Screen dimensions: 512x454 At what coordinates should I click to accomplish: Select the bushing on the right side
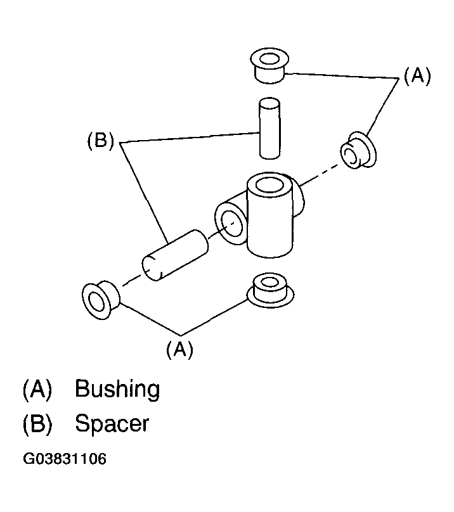(x=357, y=151)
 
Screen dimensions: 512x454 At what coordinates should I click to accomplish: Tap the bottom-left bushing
(x=100, y=298)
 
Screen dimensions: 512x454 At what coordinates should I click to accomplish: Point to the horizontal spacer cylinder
(x=175, y=255)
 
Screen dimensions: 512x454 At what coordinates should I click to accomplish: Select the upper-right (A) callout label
(x=417, y=77)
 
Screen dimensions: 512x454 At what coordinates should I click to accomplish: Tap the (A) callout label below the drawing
(x=179, y=349)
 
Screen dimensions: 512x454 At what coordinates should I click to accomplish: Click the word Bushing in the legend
(x=117, y=389)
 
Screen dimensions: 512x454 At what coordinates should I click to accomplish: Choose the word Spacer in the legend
(x=112, y=423)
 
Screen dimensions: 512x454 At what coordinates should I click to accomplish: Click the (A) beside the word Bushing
(x=36, y=389)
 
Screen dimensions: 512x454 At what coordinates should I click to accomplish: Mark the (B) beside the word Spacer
(x=36, y=423)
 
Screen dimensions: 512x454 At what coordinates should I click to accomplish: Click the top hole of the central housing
(x=271, y=186)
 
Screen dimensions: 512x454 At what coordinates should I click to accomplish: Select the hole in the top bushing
(x=269, y=61)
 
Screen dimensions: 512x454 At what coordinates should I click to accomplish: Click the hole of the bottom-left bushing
(x=96, y=300)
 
